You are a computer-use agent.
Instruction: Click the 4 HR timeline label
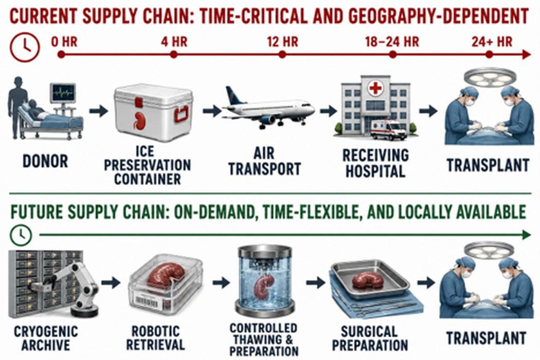pos(174,42)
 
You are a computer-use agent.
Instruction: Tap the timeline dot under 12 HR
pos(282,55)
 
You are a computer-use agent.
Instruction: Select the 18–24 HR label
pos(392,42)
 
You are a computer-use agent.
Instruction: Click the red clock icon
pos(25,47)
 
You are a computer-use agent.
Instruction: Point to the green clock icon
pos(21,236)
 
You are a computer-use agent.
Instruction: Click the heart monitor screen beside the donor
pos(63,93)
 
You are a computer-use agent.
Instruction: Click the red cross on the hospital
pos(375,88)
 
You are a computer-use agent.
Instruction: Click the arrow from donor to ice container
pos(99,111)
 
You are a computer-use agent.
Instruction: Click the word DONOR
pos(45,161)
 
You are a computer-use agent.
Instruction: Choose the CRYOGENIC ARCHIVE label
pos(46,338)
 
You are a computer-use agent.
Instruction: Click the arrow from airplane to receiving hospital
pos(328,111)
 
